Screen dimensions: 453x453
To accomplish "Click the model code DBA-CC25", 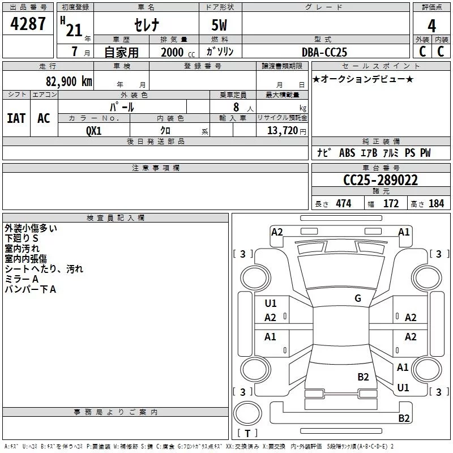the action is click(324, 52).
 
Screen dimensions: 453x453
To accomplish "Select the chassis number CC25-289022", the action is click(381, 181).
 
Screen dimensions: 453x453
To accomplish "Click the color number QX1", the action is click(94, 130).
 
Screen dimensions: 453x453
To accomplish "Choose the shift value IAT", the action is click(16, 118).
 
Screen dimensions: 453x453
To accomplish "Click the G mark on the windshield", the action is click(358, 298).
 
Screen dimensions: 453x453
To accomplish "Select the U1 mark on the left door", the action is click(271, 304).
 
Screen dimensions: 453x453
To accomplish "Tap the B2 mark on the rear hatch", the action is click(364, 377).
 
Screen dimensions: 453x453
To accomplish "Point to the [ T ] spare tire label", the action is click(247, 434).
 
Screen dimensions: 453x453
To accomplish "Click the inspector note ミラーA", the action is click(22, 279).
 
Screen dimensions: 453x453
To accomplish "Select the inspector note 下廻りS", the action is click(22, 238).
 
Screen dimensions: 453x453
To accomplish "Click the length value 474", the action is click(343, 204).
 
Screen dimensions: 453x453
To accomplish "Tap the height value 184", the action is click(436, 204).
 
